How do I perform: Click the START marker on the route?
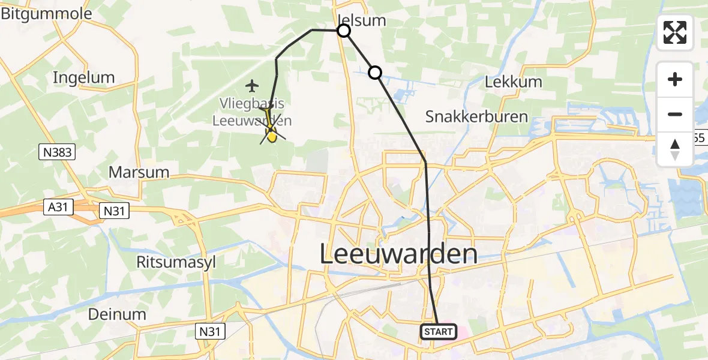(439, 331)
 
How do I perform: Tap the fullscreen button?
(675, 32)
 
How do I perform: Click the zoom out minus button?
(675, 114)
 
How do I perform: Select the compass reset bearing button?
(675, 149)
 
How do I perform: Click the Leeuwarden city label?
(398, 254)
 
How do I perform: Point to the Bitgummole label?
(46, 14)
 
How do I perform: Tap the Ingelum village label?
(83, 77)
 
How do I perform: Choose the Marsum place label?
(139, 172)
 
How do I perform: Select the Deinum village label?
(116, 314)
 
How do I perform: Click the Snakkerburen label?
(476, 116)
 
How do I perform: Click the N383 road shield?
(58, 152)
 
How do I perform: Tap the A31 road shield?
(58, 208)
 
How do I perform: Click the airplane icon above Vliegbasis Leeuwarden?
(252, 85)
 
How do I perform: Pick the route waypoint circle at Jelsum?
(344, 31)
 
